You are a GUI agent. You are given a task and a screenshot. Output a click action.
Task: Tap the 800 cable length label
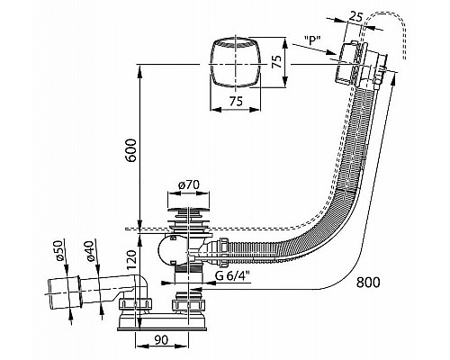(x=368, y=282)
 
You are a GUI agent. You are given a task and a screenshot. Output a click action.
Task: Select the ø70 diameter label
(x=188, y=184)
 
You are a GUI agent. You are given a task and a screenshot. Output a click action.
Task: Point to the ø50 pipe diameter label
(x=60, y=251)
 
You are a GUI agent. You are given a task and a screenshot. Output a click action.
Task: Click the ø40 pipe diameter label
(x=91, y=251)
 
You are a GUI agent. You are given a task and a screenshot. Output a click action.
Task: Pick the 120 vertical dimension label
(x=131, y=260)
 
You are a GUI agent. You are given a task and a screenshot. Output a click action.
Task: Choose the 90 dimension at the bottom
(x=161, y=340)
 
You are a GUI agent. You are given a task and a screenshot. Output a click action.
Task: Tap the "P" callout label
(x=312, y=40)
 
